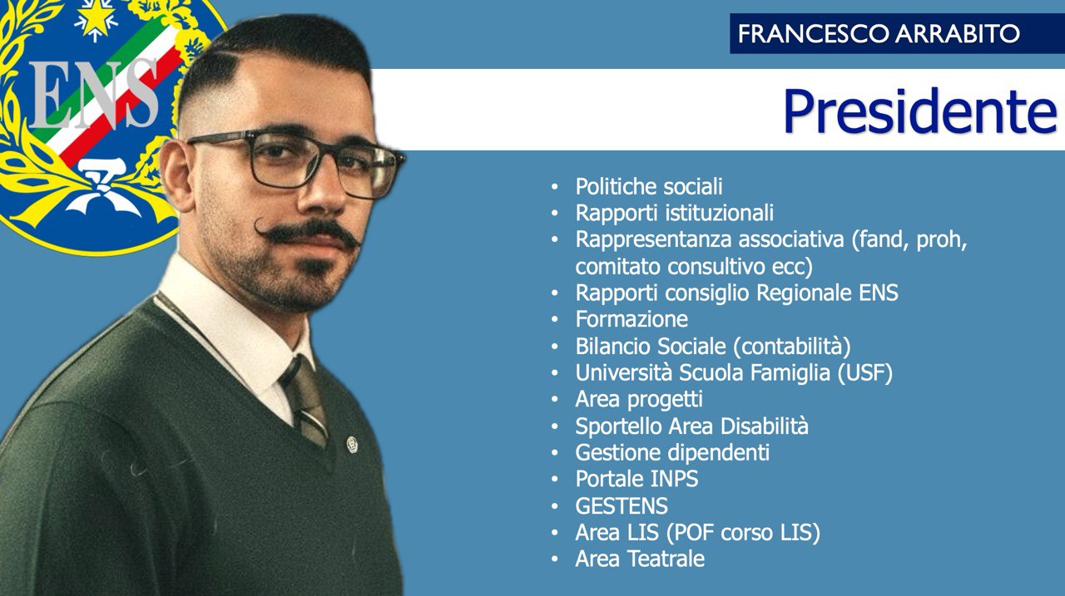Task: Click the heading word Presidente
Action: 920,111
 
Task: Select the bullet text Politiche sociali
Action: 649,186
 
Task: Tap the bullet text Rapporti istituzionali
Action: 675,213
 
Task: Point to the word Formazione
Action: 632,319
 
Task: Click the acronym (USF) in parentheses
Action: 864,372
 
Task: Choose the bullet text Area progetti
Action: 639,399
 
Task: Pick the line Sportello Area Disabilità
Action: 691,426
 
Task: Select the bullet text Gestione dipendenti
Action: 672,452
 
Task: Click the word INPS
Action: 674,479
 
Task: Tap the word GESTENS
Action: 622,505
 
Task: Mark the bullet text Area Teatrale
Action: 640,559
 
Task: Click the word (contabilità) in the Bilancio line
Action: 792,346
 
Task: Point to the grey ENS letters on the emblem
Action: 93,95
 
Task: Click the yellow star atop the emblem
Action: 97,19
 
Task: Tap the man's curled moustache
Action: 307,233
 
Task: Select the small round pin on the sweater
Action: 352,445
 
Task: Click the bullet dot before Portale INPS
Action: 554,480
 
